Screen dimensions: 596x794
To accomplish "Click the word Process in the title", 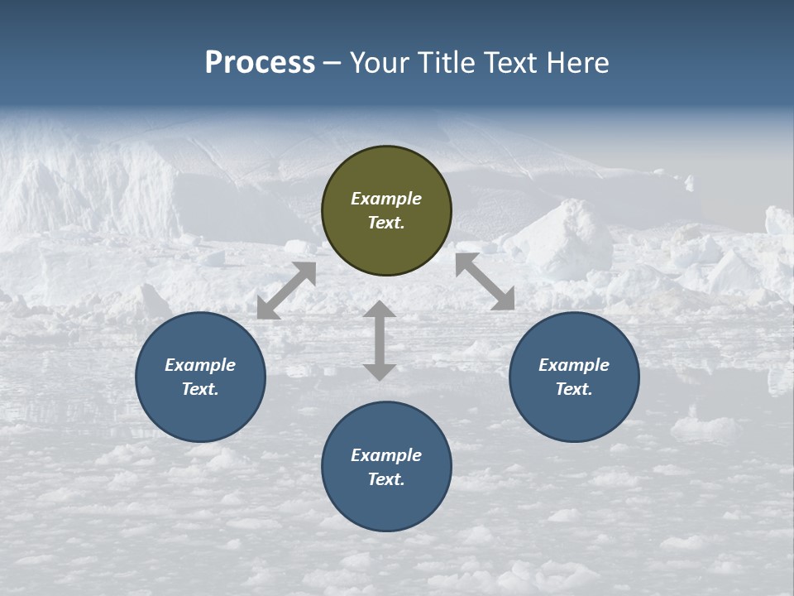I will pos(260,63).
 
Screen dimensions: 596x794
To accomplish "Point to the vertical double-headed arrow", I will pos(379,341).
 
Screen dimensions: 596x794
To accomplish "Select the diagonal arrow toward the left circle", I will pos(286,291).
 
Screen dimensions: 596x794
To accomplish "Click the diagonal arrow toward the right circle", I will pos(485,281).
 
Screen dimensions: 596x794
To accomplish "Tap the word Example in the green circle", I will pos(386,199).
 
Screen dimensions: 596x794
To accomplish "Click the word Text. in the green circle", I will pos(386,223).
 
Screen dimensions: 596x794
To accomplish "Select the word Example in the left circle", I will pos(200,365).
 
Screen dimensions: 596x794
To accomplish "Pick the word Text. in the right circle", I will pos(574,389).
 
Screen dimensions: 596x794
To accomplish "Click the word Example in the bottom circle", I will pos(386,455).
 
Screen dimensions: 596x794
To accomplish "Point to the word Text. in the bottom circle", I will pos(386,479).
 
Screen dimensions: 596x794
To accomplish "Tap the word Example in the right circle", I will pos(574,365).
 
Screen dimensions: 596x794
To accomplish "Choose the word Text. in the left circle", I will pos(200,389).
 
